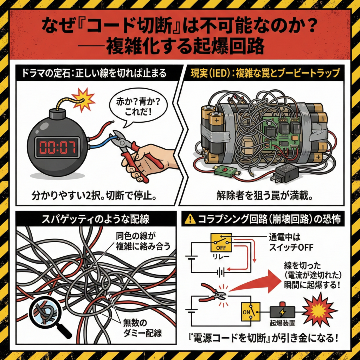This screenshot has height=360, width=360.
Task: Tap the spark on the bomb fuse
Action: [x=83, y=99]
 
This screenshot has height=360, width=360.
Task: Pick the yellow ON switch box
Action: [x=250, y=311]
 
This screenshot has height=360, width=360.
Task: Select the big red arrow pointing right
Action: [x=258, y=283]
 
